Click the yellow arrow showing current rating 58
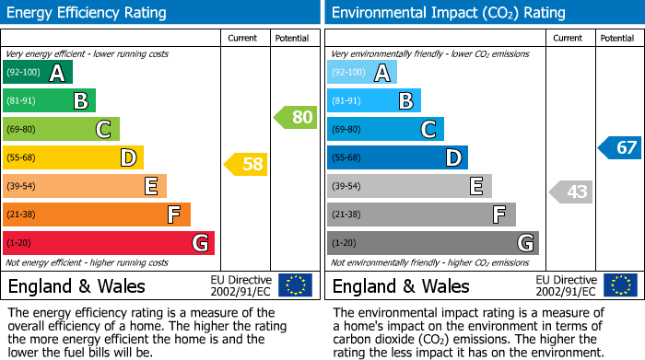(x=246, y=165)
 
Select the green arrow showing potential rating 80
(x=295, y=117)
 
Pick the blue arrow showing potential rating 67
(x=619, y=147)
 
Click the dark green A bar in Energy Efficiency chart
(x=38, y=73)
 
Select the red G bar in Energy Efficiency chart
(x=109, y=243)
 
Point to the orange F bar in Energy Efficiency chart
(x=97, y=215)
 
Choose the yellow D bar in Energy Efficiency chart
(x=73, y=157)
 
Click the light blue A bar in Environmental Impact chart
(x=362, y=73)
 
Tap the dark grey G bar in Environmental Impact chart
(x=432, y=243)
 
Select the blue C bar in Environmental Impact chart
(x=385, y=129)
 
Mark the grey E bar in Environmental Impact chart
(x=409, y=186)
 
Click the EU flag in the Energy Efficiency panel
(x=295, y=285)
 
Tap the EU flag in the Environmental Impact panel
(x=620, y=285)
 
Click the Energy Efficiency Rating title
(x=87, y=13)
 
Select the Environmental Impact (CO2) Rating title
(x=448, y=13)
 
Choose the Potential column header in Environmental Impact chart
(x=616, y=38)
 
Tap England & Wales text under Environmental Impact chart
(x=400, y=286)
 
